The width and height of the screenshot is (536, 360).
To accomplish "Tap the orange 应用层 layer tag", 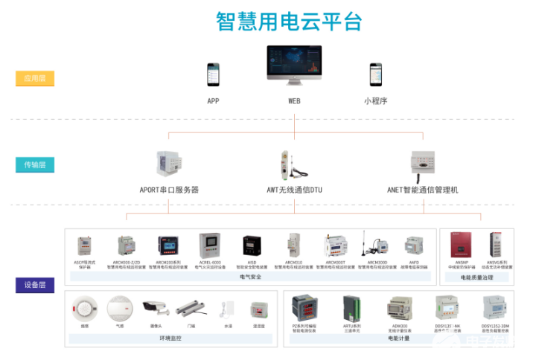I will (x=35, y=78).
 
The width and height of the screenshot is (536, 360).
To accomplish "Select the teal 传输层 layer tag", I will (x=35, y=164).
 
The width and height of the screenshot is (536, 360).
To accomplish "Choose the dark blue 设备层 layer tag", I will (x=35, y=285).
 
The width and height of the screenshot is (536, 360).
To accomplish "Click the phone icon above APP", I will (x=213, y=75).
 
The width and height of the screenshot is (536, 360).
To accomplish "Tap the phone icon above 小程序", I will (x=375, y=75).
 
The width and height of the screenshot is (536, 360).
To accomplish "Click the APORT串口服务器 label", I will (x=170, y=190).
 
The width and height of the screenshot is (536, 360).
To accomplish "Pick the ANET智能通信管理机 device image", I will (x=422, y=163).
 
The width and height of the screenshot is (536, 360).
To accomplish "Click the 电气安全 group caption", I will (x=251, y=277).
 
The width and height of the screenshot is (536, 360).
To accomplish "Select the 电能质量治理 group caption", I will (x=477, y=277).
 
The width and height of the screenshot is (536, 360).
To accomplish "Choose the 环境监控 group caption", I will (x=170, y=338).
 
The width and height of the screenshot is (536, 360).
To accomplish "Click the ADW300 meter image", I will (x=401, y=308).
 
